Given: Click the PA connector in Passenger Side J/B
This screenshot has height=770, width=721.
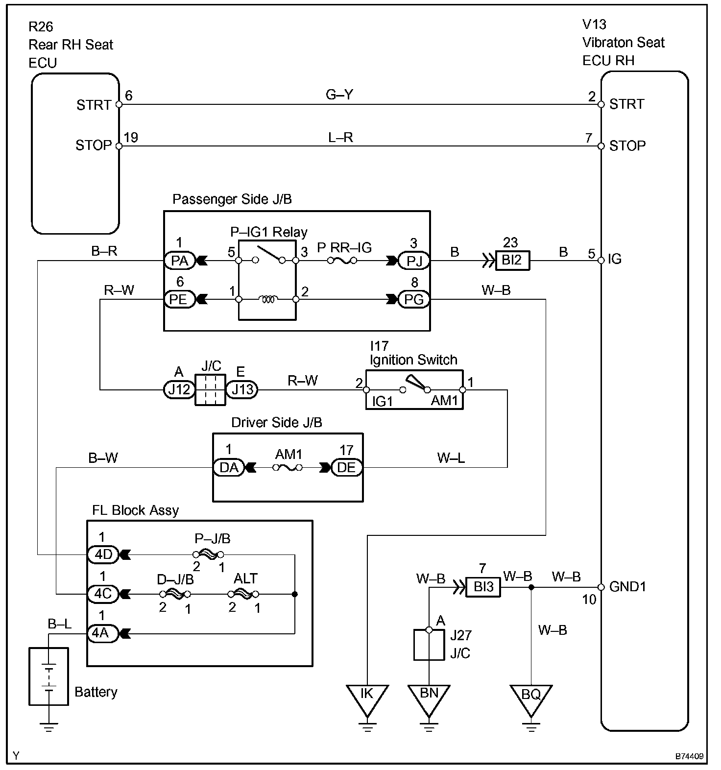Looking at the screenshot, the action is tap(179, 261).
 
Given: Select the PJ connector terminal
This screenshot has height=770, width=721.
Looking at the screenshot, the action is tap(414, 261).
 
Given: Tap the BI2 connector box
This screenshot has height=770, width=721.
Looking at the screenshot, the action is tap(512, 260).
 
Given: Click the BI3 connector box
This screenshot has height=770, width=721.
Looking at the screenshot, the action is tap(483, 586).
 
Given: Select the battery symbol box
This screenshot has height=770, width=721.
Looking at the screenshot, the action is tap(48, 676).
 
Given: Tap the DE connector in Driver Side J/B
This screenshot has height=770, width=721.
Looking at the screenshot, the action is tap(346, 468).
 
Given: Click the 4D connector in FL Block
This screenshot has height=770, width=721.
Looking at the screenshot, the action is tap(103, 554).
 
